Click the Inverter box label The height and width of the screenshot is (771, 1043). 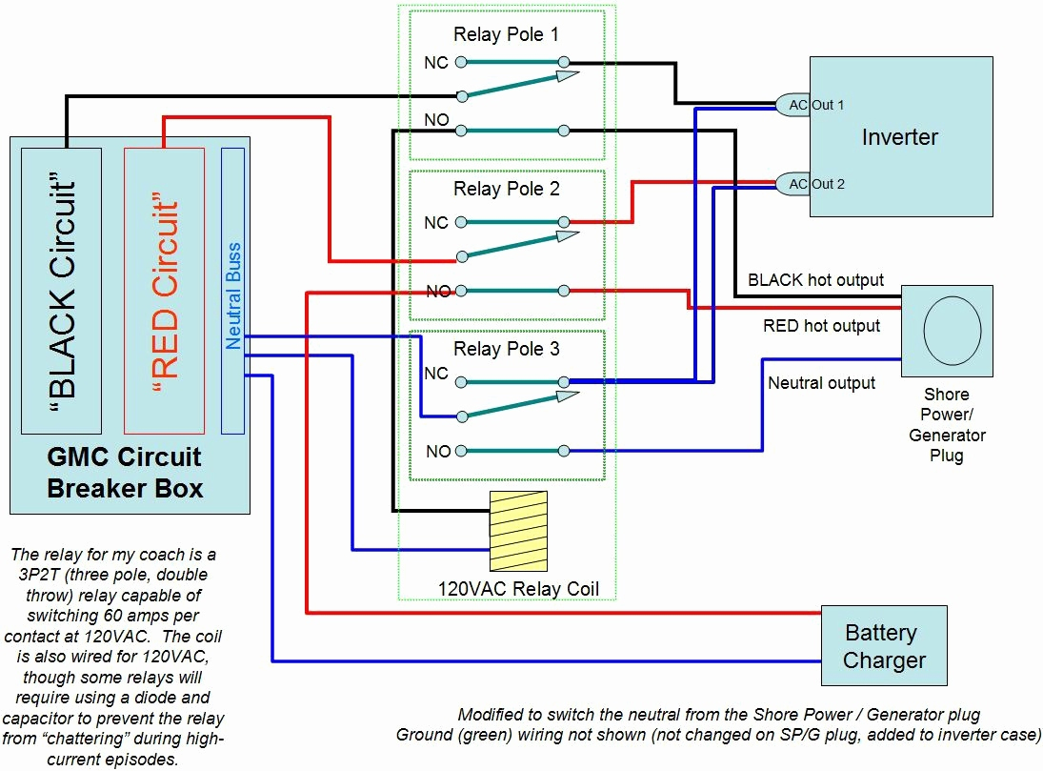pyautogui.click(x=899, y=137)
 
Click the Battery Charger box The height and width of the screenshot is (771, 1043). pyautogui.click(x=884, y=646)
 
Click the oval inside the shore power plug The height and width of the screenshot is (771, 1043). pyautogui.click(x=952, y=330)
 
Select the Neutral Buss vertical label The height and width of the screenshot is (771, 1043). pyautogui.click(x=233, y=295)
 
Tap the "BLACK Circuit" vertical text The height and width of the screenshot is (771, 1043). pyautogui.click(x=62, y=291)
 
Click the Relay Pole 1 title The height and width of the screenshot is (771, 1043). pyautogui.click(x=506, y=36)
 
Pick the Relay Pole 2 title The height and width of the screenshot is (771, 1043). pyautogui.click(x=506, y=189)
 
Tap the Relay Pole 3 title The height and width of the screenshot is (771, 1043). pyautogui.click(x=506, y=349)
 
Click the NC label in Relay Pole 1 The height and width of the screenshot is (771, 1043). pyautogui.click(x=436, y=63)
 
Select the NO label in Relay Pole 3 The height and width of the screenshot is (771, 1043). pyautogui.click(x=438, y=452)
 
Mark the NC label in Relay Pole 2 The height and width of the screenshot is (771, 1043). pyautogui.click(x=436, y=223)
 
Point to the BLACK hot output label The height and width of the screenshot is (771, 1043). pyautogui.click(x=815, y=280)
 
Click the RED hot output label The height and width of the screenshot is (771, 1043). pyautogui.click(x=821, y=326)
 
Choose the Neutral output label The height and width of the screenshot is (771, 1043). pyautogui.click(x=821, y=383)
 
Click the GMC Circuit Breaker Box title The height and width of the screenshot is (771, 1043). pyautogui.click(x=125, y=472)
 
